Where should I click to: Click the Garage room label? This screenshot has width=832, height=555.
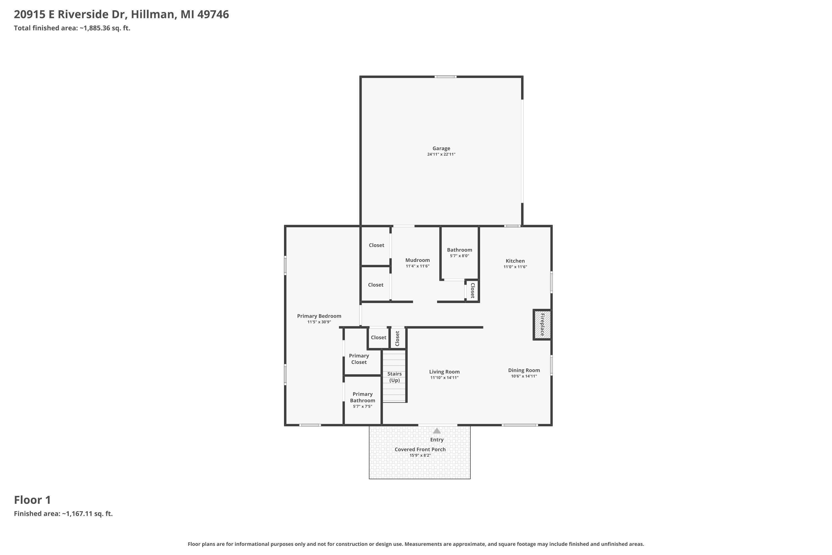441,148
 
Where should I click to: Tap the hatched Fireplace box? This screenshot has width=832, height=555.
542,325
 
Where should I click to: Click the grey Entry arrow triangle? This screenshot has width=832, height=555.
437,430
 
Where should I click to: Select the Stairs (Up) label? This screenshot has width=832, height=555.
394,377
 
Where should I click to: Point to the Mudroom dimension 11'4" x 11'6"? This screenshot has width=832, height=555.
417,266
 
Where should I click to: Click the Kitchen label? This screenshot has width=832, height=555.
515,261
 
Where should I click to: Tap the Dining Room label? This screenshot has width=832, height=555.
524,370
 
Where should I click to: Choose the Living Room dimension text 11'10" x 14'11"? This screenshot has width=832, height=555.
444,378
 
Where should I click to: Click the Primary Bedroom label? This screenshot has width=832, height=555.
319,316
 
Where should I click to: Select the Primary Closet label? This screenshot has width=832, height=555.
359,359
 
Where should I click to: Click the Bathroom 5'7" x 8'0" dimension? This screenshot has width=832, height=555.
460,256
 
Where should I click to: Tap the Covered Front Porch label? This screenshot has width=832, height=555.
420,450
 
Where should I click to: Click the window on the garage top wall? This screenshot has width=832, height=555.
445,77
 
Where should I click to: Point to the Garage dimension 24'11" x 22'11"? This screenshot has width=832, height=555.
441,154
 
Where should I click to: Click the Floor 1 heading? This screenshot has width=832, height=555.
32,500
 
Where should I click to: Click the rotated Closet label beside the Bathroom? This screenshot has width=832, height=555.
472,291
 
